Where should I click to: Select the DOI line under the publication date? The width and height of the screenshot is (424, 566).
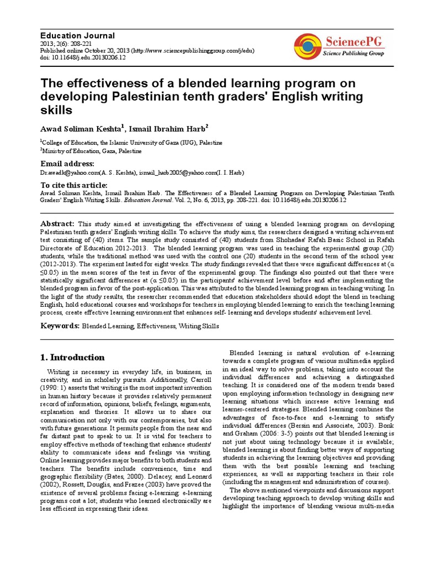tap(83, 57)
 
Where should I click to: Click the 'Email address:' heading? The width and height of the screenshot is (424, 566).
tap(68, 164)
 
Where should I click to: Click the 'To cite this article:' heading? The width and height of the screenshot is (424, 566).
tap(74, 185)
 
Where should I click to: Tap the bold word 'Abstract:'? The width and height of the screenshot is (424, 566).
tap(57, 223)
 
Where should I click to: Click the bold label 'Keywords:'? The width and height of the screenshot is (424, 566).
tap(60, 326)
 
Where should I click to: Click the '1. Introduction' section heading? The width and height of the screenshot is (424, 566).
tap(72, 357)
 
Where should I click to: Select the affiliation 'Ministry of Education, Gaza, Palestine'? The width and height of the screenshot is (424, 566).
tap(92, 151)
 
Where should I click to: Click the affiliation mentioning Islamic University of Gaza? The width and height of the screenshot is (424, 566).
tap(133, 143)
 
